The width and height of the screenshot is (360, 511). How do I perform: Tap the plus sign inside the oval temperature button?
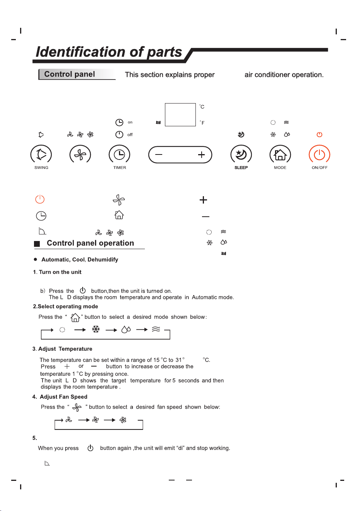click(201, 154)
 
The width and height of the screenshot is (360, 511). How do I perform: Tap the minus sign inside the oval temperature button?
click(158, 154)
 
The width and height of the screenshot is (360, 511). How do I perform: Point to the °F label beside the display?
click(202, 123)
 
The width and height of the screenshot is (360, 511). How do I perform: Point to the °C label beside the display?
click(202, 107)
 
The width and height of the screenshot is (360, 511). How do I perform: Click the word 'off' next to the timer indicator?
click(130, 134)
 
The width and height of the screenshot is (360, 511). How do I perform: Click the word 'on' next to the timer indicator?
click(130, 122)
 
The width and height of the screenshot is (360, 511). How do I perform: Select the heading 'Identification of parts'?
click(109, 52)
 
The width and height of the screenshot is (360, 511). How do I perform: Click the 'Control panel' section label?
click(70, 74)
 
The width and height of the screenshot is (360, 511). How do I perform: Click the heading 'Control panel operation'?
click(90, 243)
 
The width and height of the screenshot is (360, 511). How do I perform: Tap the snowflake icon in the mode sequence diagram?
click(96, 329)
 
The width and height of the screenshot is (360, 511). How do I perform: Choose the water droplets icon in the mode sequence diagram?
click(126, 329)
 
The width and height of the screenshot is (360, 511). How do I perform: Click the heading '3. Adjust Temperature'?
click(62, 349)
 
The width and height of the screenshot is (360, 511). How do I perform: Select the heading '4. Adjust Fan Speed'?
click(60, 397)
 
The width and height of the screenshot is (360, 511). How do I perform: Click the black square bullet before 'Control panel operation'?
click(37, 244)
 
